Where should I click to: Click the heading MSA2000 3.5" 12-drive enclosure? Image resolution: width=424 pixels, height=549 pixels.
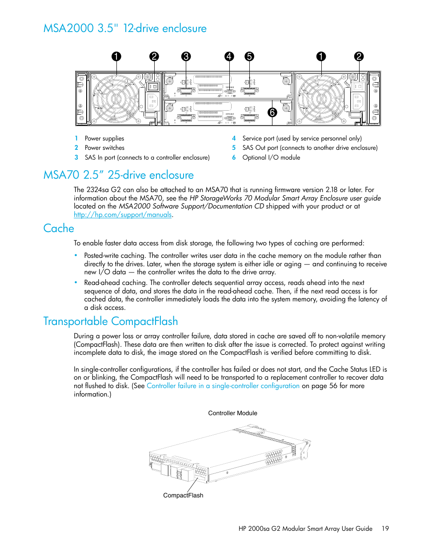pyautogui.click(x=125, y=28)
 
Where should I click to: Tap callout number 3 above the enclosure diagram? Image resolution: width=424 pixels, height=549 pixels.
pyautogui.click(x=186, y=56)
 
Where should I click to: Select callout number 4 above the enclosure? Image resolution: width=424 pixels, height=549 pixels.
pyautogui.click(x=229, y=56)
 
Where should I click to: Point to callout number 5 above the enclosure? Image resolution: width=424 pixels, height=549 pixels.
pyautogui.click(x=249, y=56)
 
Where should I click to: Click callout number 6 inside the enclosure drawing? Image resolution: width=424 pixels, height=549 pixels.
pyautogui.click(x=272, y=112)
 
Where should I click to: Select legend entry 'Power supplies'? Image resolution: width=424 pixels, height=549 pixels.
pyautogui.click(x=104, y=139)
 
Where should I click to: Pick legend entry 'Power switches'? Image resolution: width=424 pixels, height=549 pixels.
pyautogui.click(x=104, y=148)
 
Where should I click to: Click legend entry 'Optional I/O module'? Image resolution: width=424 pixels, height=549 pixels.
pyautogui.click(x=271, y=158)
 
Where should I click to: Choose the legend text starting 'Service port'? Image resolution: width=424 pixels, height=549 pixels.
pyautogui.click(x=302, y=139)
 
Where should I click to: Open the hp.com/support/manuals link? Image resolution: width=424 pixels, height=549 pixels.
pyautogui.click(x=123, y=215)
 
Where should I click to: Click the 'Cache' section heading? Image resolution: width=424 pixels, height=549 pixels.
pyautogui.click(x=59, y=228)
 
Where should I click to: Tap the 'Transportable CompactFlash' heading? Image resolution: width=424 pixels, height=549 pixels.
pyautogui.click(x=111, y=321)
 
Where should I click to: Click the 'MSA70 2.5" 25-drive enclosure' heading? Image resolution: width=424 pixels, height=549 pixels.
pyautogui.click(x=119, y=175)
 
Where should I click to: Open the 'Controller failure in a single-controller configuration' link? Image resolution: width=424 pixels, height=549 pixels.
pyautogui.click(x=223, y=386)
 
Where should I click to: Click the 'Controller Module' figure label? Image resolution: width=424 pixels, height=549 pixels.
pyautogui.click(x=232, y=413)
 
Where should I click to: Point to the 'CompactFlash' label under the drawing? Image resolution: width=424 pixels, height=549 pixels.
pyautogui.click(x=183, y=496)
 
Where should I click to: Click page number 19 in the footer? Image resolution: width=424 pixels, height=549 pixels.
pyautogui.click(x=385, y=529)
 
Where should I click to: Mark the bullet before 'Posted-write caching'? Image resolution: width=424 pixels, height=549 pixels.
pyautogui.click(x=76, y=256)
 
